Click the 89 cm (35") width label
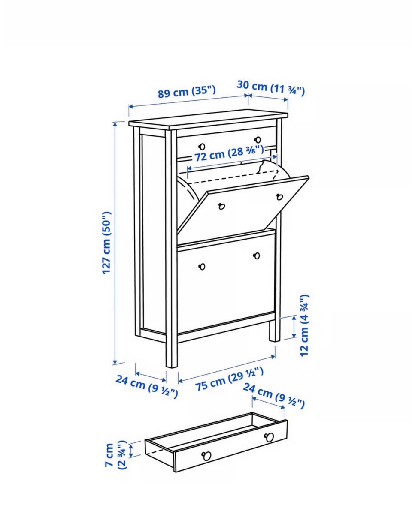tap(187, 92)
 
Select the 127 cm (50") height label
tap(107, 243)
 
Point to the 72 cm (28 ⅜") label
tap(229, 153)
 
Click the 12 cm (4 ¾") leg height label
tap(304, 325)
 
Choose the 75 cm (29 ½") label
tap(229, 379)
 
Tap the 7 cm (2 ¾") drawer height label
tap(115, 455)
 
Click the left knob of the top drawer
tap(202, 147)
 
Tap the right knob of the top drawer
tap(257, 140)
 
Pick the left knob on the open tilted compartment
tap(222, 206)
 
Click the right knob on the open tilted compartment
tap(280, 197)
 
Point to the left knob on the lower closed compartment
tap(202, 267)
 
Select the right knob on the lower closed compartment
tap(257, 256)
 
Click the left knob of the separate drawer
tap(206, 456)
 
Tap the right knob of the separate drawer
tap(269, 437)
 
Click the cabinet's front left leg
tap(171, 353)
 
